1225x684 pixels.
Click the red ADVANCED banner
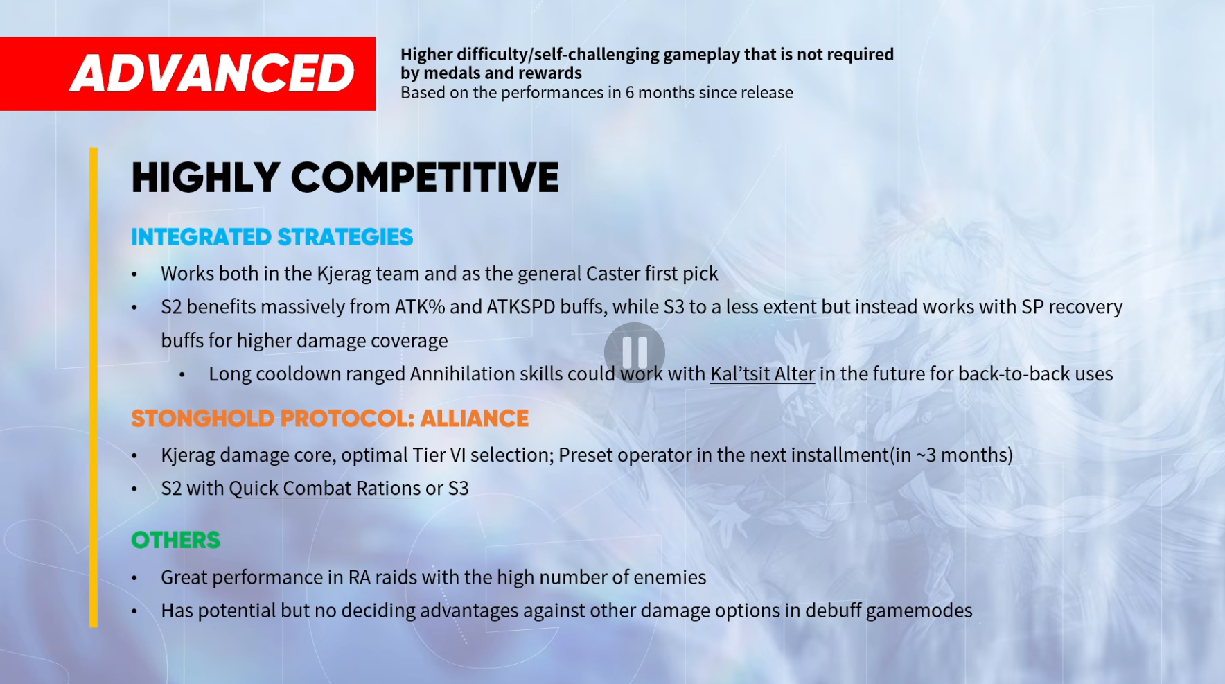point(188,73)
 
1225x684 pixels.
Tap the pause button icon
point(635,353)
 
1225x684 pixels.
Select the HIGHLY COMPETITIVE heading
point(345,177)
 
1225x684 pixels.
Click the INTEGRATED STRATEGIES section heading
point(272,237)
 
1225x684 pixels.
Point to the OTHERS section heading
point(176,540)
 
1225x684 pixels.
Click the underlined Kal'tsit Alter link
point(762,374)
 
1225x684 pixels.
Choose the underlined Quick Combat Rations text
point(325,489)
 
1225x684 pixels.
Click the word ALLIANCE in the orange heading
point(475,419)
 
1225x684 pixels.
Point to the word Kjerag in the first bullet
point(344,274)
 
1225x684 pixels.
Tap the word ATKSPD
point(521,307)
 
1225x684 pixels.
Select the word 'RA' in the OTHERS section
point(359,577)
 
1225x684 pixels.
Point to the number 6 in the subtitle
point(630,93)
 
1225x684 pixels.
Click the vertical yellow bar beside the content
point(94,387)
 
